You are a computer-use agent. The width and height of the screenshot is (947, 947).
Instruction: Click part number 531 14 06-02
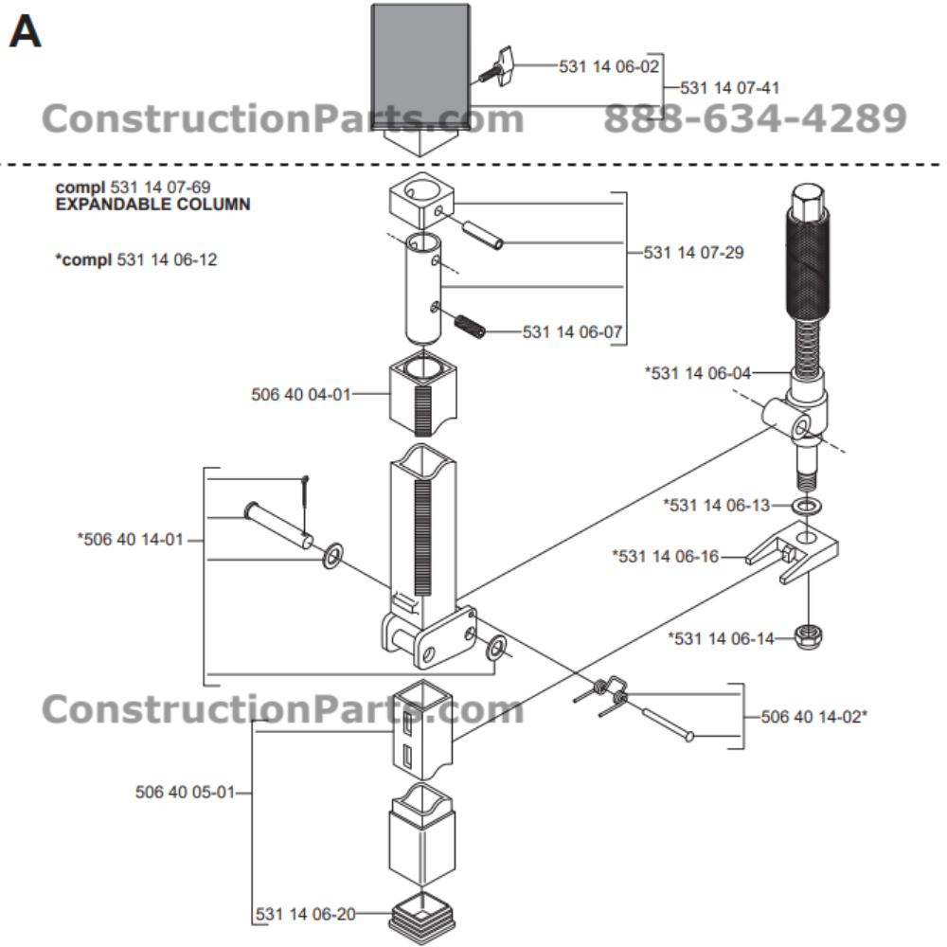pyautogui.click(x=608, y=66)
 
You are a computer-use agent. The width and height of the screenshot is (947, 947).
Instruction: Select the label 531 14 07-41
pyautogui.click(x=730, y=88)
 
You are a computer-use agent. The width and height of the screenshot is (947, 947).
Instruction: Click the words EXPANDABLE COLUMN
pyautogui.click(x=152, y=204)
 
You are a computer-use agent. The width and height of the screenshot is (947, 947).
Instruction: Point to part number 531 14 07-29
pyautogui.click(x=694, y=253)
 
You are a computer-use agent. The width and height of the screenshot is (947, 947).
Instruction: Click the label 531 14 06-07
pyautogui.click(x=573, y=332)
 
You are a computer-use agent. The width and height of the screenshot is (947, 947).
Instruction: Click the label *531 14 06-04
pyautogui.click(x=698, y=373)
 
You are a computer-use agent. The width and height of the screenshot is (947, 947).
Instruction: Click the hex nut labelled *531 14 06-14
pyautogui.click(x=810, y=638)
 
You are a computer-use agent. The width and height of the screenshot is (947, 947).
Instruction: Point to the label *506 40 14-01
pyautogui.click(x=131, y=540)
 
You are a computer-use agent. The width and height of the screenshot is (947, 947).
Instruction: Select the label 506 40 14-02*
pyautogui.click(x=814, y=717)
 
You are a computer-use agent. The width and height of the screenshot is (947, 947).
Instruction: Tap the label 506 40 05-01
pyautogui.click(x=185, y=792)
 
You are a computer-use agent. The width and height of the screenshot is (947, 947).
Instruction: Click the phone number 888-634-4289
pyautogui.click(x=755, y=119)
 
